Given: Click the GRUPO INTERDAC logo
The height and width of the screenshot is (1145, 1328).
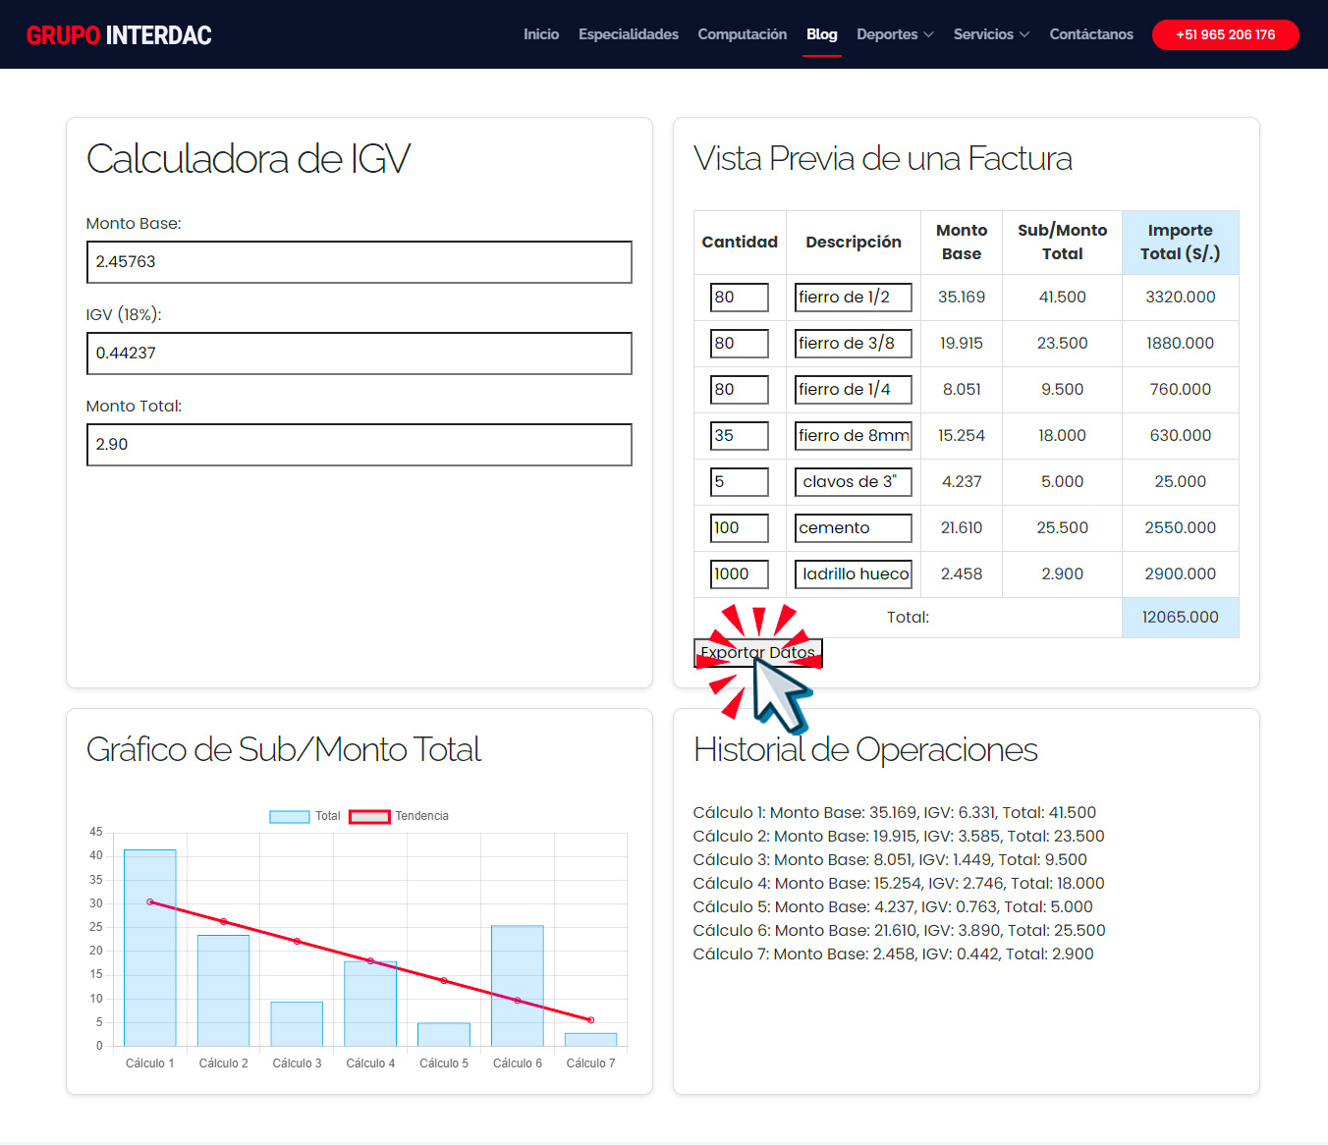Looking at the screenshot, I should coord(119,35).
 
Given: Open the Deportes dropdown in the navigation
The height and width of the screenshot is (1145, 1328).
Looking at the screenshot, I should coord(894,34).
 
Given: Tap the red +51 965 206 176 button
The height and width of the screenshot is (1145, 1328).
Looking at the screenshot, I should coord(1225,34).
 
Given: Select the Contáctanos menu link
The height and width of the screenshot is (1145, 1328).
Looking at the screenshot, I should coord(1090,34).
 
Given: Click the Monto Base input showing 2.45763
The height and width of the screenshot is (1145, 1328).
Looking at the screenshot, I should coord(360,262).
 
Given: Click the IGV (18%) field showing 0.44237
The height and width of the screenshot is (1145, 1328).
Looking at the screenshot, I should coord(360,354).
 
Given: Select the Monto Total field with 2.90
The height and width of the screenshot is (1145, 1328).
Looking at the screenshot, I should coord(360,445).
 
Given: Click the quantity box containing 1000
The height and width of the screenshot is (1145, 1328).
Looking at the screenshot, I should coord(739,574).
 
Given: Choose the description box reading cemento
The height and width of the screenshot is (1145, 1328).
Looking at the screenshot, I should coord(853,528).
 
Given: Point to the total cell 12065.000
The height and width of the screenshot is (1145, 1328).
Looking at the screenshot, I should coord(1180,618).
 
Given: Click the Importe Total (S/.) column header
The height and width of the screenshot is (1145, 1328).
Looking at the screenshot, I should coord(1180,243).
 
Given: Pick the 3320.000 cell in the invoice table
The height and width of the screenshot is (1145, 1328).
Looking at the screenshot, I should coord(1180,298).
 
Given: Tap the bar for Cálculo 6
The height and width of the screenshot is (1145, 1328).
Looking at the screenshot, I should coord(518,986).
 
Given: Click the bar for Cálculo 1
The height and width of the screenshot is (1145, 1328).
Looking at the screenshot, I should coord(150,948).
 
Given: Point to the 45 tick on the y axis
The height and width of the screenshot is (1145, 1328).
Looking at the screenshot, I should coord(96,833).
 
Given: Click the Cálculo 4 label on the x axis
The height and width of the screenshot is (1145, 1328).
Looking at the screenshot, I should coord(370,1063).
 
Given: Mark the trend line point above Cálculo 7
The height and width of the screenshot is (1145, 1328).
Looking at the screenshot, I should coord(590,1020).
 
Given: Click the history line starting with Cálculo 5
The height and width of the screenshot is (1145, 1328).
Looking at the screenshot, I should coord(892,907).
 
